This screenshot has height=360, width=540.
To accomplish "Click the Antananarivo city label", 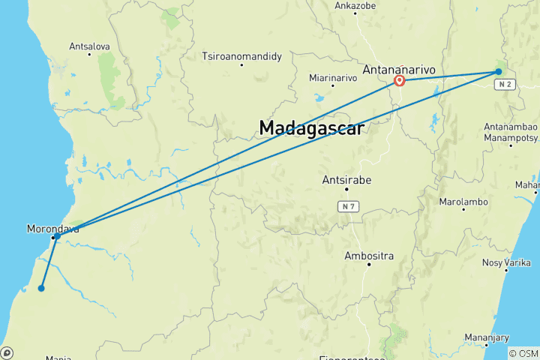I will pyautogui.click(x=399, y=69).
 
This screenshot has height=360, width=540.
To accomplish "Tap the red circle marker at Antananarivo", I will pyautogui.click(x=400, y=80).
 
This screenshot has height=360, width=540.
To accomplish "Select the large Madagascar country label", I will pyautogui.click(x=311, y=128).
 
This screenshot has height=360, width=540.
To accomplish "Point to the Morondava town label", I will pyautogui.click(x=52, y=229).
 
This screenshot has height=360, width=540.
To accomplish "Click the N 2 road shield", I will pyautogui.click(x=503, y=85).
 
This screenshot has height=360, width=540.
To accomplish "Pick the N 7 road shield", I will pyautogui.click(x=346, y=205).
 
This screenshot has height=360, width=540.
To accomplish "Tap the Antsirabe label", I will pyautogui.click(x=346, y=180).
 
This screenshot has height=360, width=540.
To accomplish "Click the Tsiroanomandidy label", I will pyautogui.click(x=241, y=55).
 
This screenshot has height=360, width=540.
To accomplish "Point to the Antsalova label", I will pyautogui.click(x=89, y=46).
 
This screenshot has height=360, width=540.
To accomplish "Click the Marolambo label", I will pyautogui.click(x=463, y=202).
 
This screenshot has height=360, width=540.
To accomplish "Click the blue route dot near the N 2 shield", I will pyautogui.click(x=498, y=72).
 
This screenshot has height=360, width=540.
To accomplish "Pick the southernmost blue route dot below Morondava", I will pyautogui.click(x=41, y=288).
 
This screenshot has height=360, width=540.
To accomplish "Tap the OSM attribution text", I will pyautogui.click(x=523, y=353).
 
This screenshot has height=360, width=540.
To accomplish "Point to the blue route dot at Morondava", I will pyautogui.click(x=57, y=236).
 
